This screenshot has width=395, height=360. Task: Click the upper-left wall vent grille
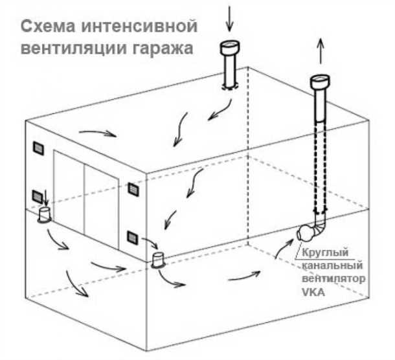point(38,148)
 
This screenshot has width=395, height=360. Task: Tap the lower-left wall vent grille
point(38,196)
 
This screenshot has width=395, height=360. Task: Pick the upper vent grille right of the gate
point(133,189)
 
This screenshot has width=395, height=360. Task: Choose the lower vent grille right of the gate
point(132,238)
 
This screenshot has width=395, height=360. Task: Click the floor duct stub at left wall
point(46,214)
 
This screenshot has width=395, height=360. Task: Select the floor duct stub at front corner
point(157,261)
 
